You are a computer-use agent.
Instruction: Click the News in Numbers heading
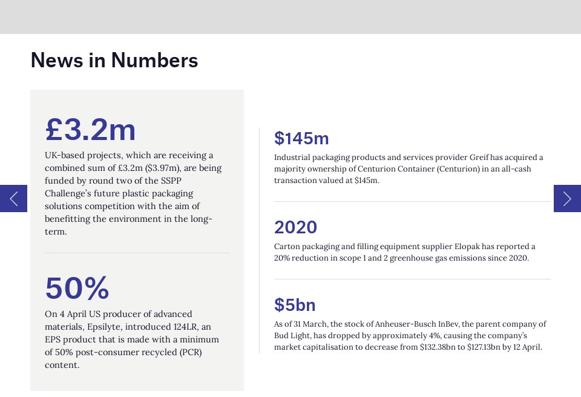[114, 61]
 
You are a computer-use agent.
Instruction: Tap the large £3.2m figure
[91, 129]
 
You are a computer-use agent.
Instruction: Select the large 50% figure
[77, 288]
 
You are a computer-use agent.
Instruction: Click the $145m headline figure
[301, 138]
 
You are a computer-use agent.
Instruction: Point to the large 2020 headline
[295, 227]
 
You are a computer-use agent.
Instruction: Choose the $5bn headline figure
[295, 305]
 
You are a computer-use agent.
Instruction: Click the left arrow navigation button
[13, 198]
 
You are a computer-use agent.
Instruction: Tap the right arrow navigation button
[567, 198]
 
